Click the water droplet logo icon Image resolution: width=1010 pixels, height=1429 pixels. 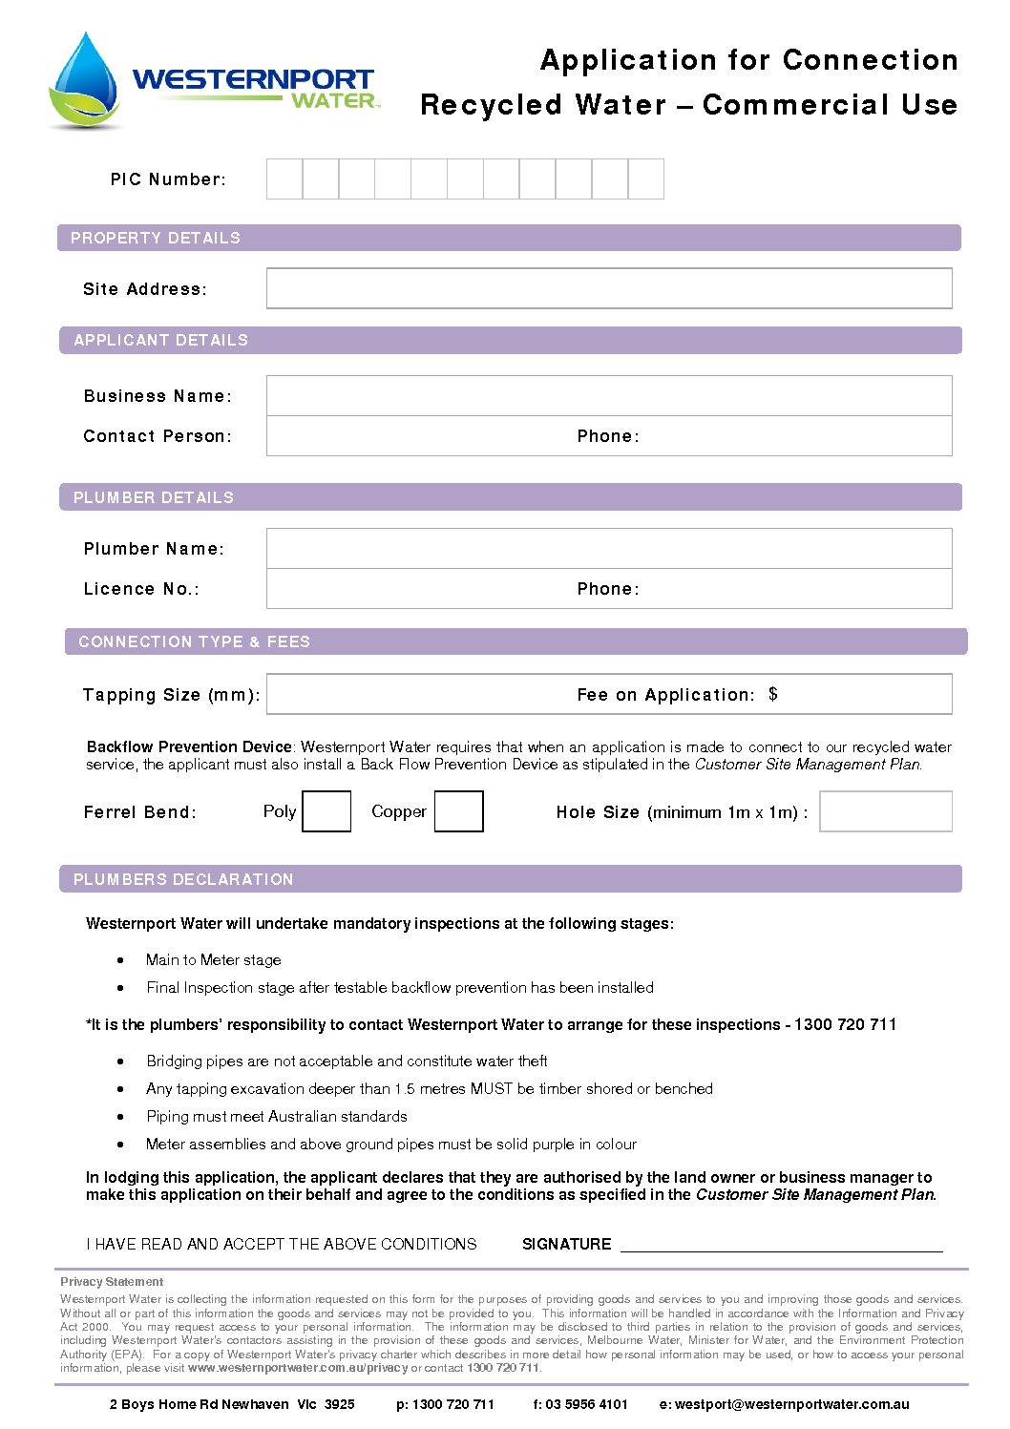click(x=85, y=81)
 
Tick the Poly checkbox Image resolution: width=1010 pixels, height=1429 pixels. click(x=326, y=811)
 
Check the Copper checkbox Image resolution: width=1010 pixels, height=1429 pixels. click(x=458, y=811)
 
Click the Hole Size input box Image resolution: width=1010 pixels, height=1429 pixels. click(x=885, y=811)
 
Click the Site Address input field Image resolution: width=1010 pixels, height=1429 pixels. click(x=608, y=288)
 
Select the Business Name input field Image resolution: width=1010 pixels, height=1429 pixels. click(x=608, y=395)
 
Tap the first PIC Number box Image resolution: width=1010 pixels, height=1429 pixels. click(x=284, y=179)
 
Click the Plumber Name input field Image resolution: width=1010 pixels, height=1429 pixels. click(x=608, y=548)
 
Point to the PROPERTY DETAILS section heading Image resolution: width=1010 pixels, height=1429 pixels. click(x=156, y=238)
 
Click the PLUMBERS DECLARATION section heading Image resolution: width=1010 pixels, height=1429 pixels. click(x=183, y=879)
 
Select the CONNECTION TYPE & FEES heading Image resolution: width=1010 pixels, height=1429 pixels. click(x=194, y=641)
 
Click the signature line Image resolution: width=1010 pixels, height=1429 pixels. click(x=781, y=1246)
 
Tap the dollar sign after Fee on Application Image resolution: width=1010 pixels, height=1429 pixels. click(x=773, y=694)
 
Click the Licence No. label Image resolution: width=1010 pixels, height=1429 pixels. click(x=141, y=589)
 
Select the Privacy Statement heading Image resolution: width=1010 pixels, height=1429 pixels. click(x=112, y=1282)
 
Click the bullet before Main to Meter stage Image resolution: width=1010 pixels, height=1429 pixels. click(x=120, y=960)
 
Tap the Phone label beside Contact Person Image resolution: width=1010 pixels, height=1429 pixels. click(x=608, y=436)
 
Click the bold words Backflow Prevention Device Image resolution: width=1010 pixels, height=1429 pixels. click(x=188, y=747)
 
